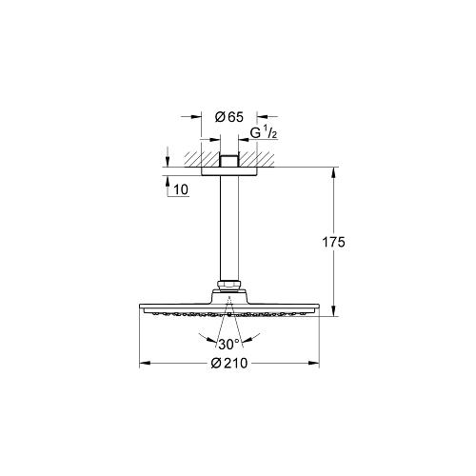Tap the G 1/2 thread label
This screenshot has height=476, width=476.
263,132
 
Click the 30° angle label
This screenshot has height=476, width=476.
228,344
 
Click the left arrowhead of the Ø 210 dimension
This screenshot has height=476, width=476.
145,363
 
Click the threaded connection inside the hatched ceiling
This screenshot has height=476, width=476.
228,157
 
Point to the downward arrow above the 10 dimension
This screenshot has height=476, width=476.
167,163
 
